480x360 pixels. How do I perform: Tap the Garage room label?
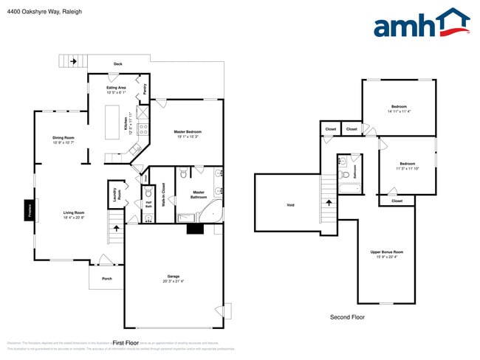tap(173, 279)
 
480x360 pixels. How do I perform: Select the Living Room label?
tap(73, 214)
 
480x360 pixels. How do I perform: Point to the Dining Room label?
tap(63, 139)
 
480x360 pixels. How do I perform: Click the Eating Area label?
tap(116, 89)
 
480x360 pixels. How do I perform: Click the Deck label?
tap(117, 64)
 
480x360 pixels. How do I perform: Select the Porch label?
tap(106, 279)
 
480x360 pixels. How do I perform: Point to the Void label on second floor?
tap(290, 204)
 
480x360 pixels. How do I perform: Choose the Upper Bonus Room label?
tap(387, 255)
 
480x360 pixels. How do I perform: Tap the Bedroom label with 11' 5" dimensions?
tap(407, 165)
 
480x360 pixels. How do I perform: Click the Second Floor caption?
tap(347, 317)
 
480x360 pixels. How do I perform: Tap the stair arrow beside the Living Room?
tap(115, 229)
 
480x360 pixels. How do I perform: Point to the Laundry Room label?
tap(115, 195)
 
